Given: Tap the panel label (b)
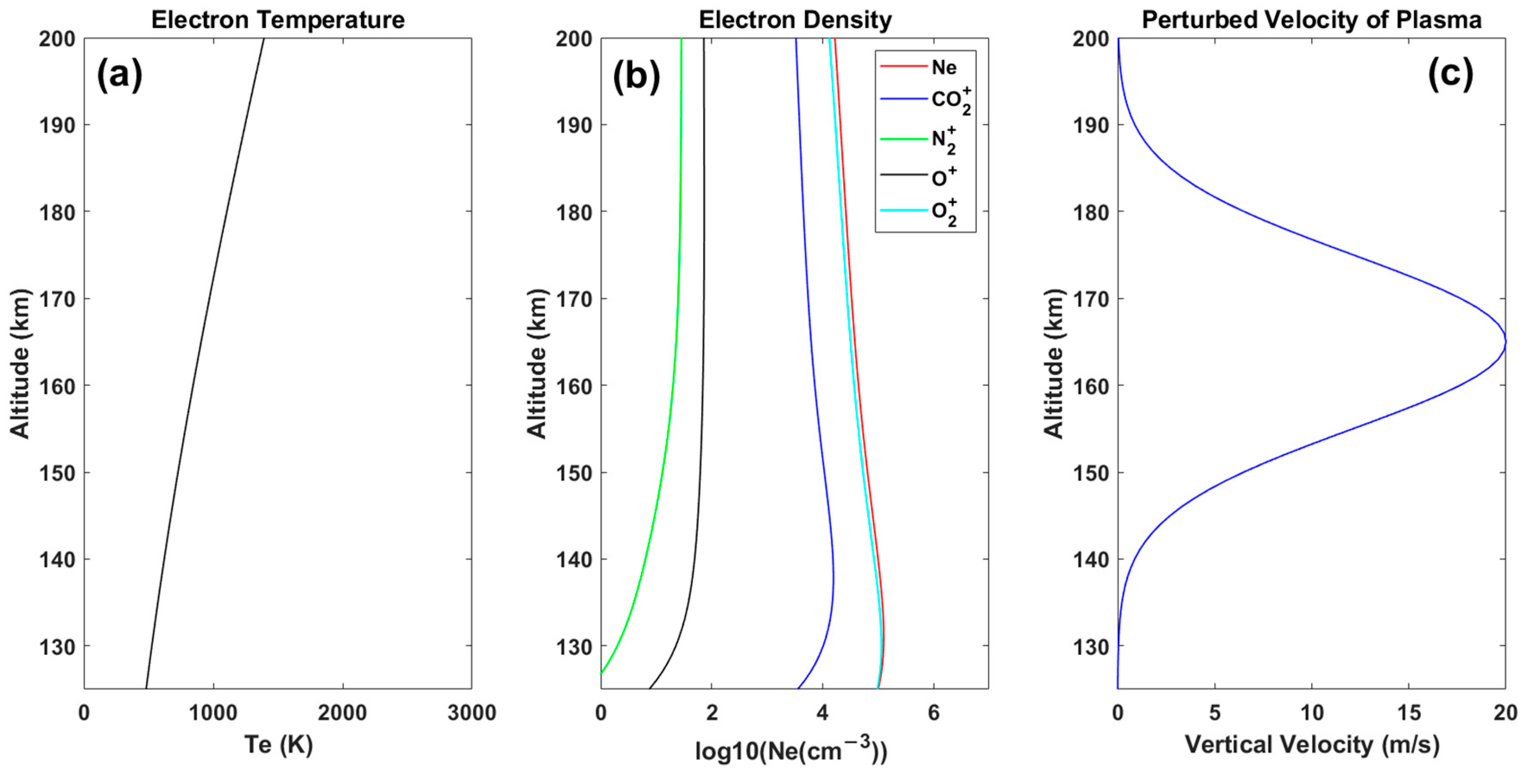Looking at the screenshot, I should pos(636,76).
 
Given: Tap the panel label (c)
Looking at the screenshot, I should pos(1450,76).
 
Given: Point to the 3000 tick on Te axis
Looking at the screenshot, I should pos(471,713).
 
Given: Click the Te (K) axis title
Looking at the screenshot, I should pos(278,745).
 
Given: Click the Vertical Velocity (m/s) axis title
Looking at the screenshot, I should pos(1312,745).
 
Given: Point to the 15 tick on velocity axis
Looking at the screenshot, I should pos(1408,713).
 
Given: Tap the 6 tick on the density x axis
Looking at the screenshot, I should pos(933,713).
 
